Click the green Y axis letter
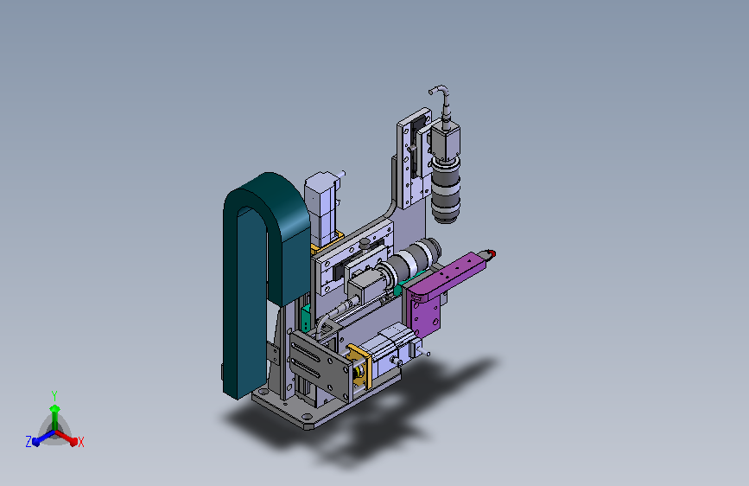click(x=54, y=395)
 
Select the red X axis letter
click(x=80, y=442)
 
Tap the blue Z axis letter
click(x=29, y=442)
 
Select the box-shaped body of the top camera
click(x=445, y=140)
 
